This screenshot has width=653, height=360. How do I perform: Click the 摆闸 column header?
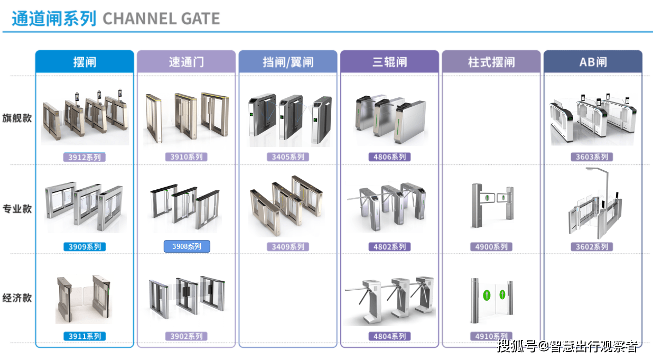85,62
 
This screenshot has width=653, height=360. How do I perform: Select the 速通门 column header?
186,62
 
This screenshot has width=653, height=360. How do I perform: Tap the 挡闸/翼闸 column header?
288,62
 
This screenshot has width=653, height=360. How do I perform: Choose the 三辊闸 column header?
389,62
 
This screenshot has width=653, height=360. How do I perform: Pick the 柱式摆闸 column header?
491,62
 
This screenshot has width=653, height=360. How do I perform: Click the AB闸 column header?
593,62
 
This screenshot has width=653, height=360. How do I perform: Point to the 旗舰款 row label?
17,118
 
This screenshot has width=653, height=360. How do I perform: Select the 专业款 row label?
17,209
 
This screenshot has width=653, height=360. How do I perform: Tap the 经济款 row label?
17,298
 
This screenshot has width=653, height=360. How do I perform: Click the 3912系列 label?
85,157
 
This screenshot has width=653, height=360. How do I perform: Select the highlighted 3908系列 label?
186,246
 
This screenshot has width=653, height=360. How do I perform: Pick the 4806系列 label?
389,157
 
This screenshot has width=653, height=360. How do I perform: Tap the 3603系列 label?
592,157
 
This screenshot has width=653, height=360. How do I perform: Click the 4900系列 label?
491,247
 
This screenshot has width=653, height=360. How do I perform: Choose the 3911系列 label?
85,336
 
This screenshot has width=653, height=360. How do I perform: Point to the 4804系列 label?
389,336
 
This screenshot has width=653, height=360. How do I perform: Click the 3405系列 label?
287,157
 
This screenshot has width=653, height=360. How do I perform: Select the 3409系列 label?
287,247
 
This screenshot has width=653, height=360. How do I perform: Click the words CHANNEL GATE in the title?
161,19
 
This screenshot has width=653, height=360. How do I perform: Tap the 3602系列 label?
592,247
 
